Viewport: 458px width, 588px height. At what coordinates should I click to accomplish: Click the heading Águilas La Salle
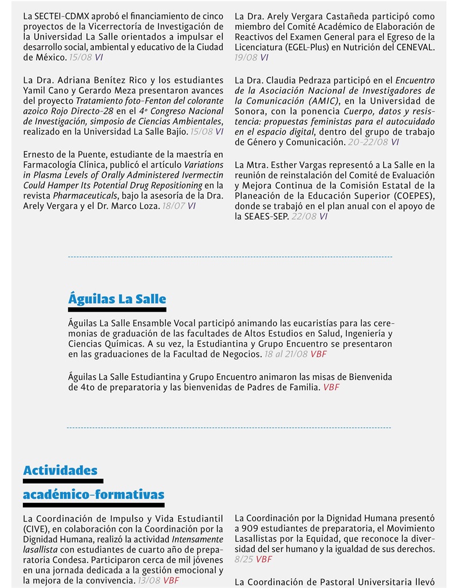click(x=117, y=299)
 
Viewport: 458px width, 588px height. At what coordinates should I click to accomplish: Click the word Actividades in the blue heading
click(x=60, y=470)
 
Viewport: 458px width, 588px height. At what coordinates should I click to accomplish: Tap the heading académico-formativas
click(x=93, y=494)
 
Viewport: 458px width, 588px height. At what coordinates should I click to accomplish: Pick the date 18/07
click(x=173, y=206)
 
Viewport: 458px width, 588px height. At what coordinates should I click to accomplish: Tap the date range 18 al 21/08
click(x=286, y=355)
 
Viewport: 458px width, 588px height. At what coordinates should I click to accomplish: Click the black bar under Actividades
click(x=63, y=481)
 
